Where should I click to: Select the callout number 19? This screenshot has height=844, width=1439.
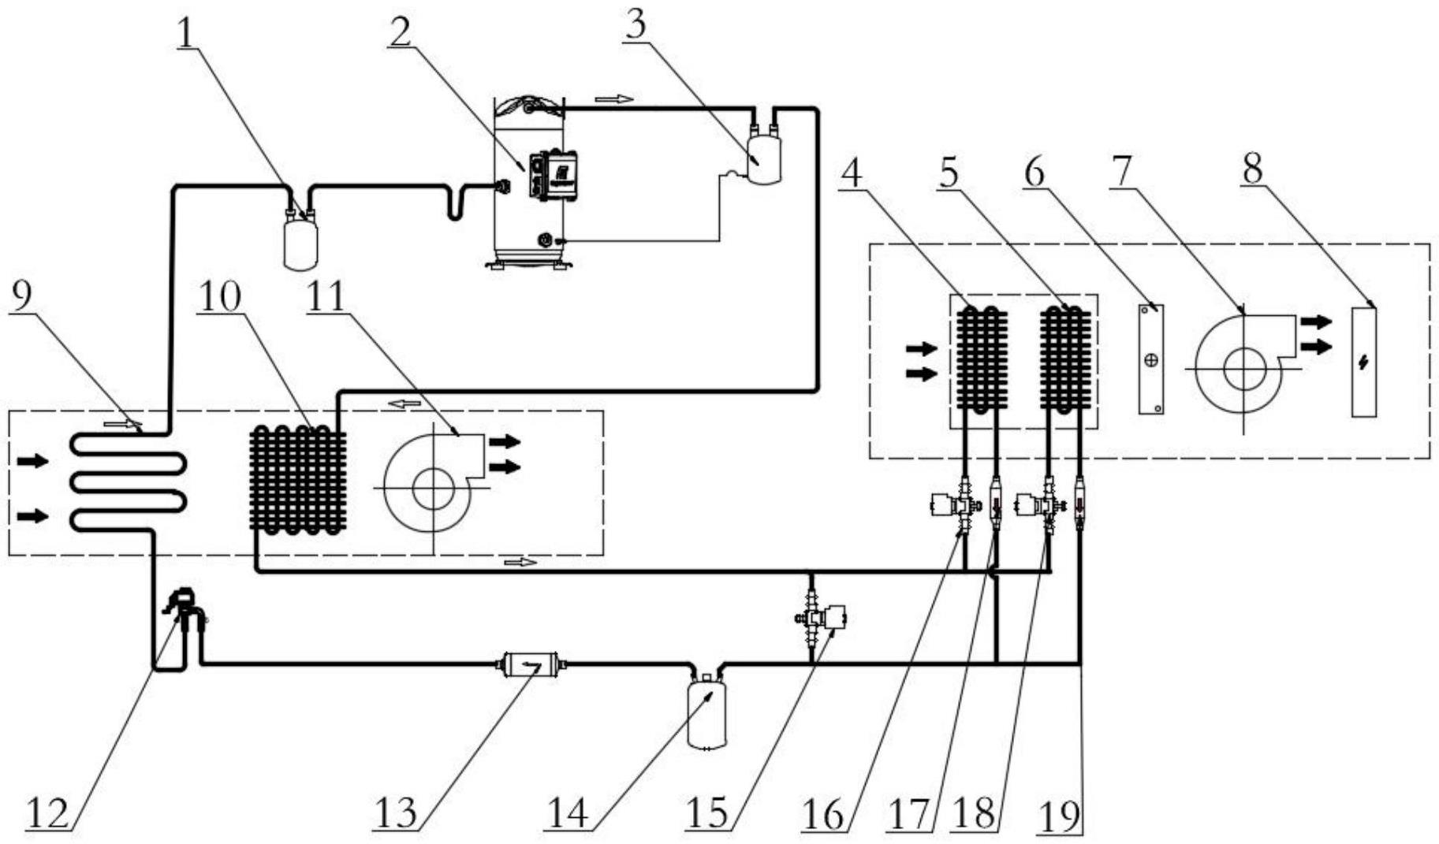click(x=1058, y=816)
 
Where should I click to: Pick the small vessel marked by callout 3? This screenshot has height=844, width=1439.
click(x=762, y=161)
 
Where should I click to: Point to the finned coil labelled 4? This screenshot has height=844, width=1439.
click(x=982, y=359)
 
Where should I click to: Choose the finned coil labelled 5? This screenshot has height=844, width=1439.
click(x=1066, y=359)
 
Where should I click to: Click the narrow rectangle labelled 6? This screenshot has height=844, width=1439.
click(x=1151, y=359)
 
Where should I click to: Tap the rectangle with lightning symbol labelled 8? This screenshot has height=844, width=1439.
click(x=1364, y=362)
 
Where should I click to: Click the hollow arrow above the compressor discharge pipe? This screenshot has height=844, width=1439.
click(x=613, y=99)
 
